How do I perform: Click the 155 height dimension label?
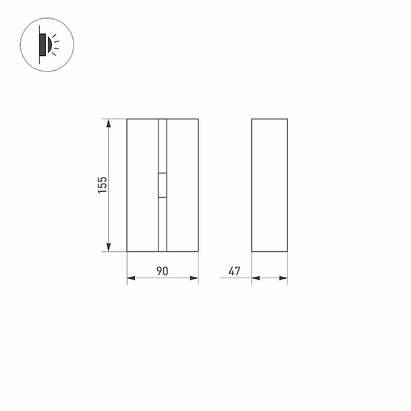tap(103, 185)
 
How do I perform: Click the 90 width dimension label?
tap(162, 271)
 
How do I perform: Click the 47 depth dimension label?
tap(234, 271)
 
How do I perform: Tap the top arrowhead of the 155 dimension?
tap(108, 123)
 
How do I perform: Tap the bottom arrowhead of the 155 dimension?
tap(108, 247)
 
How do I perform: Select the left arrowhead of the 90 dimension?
tap(131, 278)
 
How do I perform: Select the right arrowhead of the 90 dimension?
tap(194, 278)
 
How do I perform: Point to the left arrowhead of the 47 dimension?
tap(256, 278)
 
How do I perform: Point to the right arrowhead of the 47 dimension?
tap(283, 278)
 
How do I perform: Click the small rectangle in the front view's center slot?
tap(162, 185)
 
